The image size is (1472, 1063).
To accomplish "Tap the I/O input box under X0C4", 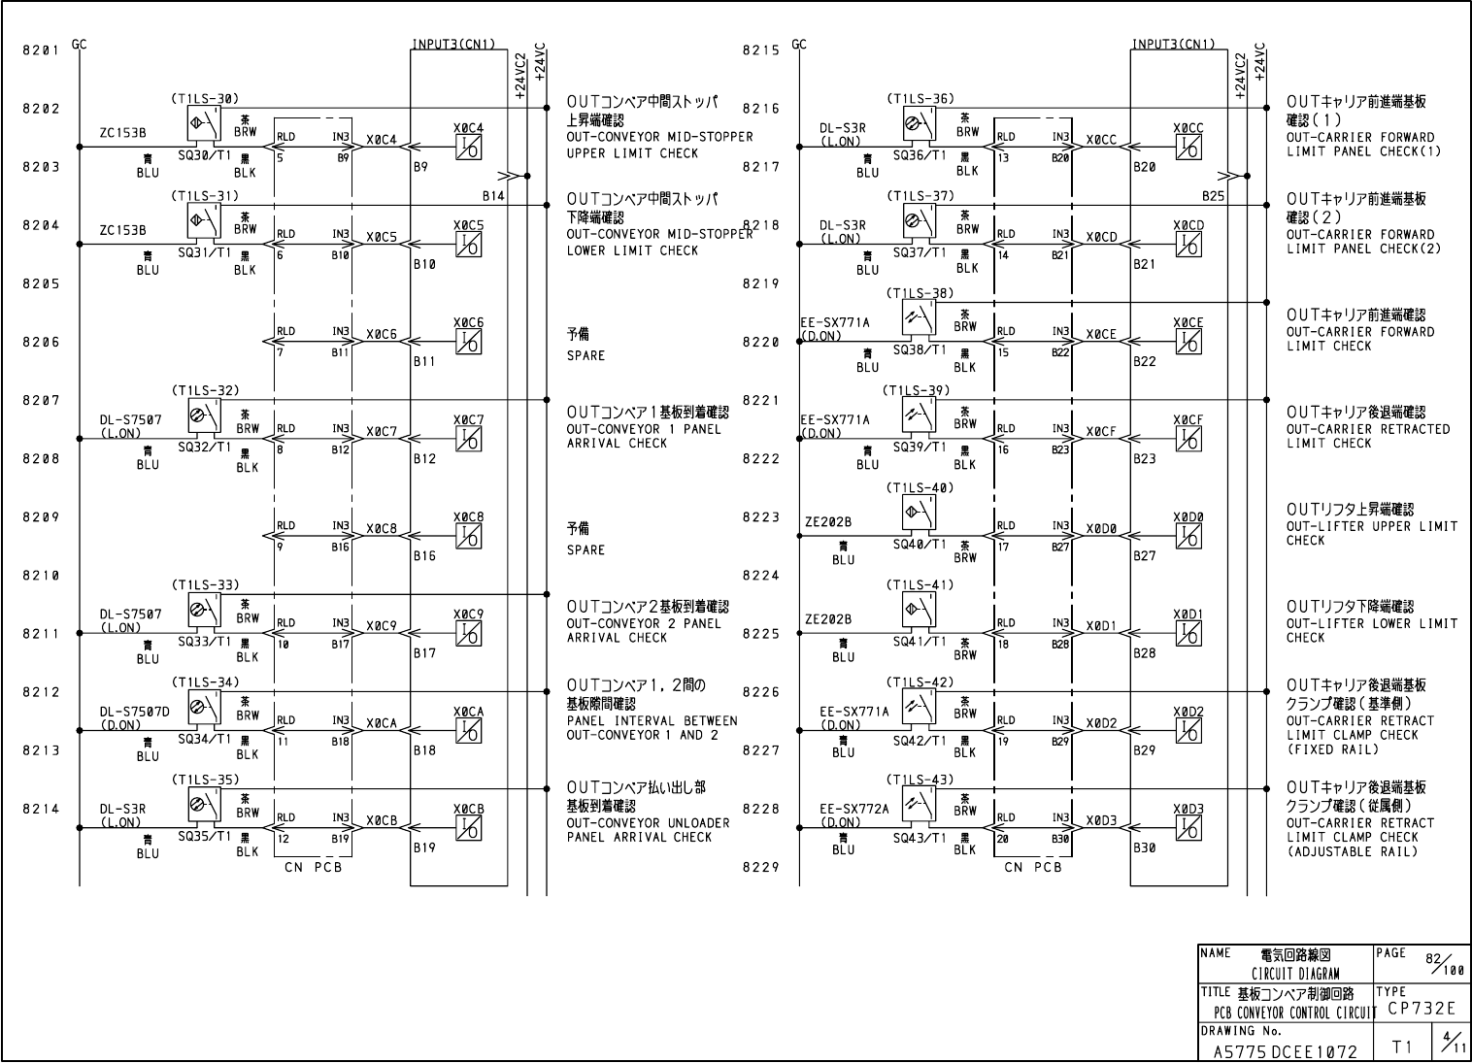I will pos(469,148).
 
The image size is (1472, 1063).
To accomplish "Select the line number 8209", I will pos(40,517).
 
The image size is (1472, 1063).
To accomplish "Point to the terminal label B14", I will pos(493,196).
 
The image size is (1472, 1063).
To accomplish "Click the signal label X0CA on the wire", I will pos(382,723).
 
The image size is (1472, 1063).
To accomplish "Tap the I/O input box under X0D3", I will pos(1188,828).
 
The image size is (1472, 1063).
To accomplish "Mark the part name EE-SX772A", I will pos(853,808).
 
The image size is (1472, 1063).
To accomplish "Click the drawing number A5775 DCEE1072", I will pos(1286,1050).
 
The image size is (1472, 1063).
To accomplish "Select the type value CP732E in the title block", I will pos(1422,1009).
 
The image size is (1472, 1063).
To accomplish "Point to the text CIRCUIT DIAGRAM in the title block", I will pos(1294,974).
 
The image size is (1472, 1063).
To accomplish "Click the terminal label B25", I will pos(1213,196).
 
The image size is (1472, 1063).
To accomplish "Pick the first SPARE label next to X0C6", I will pos(585,356).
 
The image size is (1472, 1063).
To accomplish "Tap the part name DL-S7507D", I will pos(134,712).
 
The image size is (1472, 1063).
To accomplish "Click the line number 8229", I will pos(760,867).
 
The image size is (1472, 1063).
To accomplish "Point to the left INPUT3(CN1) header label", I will pos(453,44).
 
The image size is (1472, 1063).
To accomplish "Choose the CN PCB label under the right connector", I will pos(1032,867).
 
